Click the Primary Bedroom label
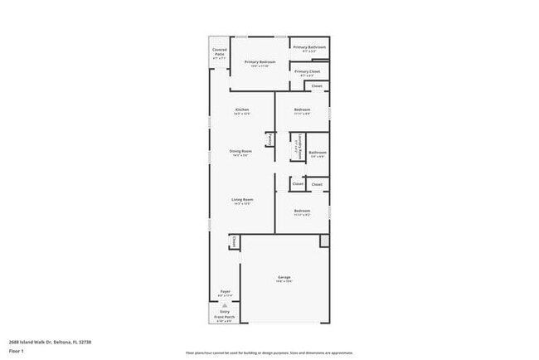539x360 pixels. [x=260, y=62]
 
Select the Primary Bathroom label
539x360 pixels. [x=310, y=47]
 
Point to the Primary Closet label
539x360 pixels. [x=308, y=71]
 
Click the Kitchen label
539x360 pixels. [x=241, y=109]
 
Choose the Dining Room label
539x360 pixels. [x=241, y=151]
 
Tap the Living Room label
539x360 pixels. [x=241, y=199]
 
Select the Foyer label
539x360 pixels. [x=225, y=291]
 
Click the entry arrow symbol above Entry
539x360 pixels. [x=224, y=304]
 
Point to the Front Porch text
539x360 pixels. [x=225, y=316]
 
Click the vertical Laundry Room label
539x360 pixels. [x=295, y=148]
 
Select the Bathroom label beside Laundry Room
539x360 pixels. [x=318, y=152]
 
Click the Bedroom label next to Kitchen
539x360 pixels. [x=302, y=109]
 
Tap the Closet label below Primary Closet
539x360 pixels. [x=317, y=85]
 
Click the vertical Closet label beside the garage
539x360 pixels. [x=234, y=241]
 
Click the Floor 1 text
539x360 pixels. [x=17, y=351]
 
